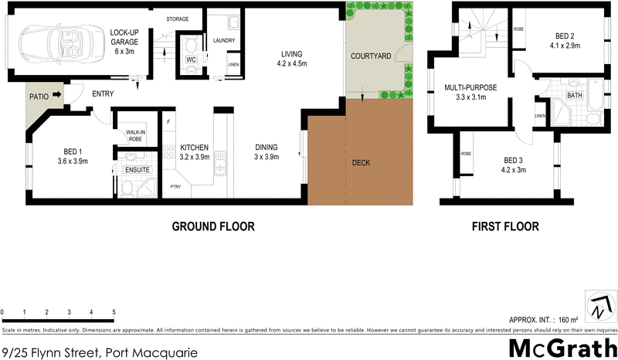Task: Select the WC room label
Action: click(189, 59)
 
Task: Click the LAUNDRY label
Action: click(223, 40)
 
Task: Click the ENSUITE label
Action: click(136, 168)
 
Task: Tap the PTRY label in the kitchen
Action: click(175, 186)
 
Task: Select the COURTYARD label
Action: click(369, 57)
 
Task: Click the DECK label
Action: click(362, 163)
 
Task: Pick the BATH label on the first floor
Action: click(575, 96)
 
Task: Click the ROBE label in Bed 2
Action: click(519, 29)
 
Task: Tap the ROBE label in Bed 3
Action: click(466, 154)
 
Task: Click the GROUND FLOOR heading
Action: click(212, 227)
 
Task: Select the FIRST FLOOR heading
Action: click(505, 227)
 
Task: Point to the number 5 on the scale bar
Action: click(114, 313)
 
